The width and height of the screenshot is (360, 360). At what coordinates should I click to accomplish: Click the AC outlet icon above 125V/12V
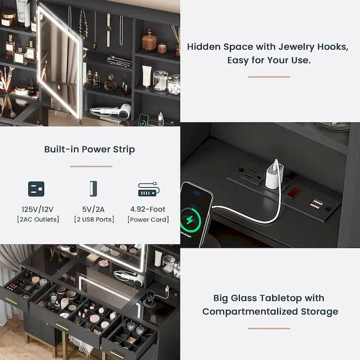click(x=36, y=189)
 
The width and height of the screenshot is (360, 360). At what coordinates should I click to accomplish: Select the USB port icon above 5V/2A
click(x=93, y=189)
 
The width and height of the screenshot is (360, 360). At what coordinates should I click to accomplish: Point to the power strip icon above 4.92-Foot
click(x=149, y=189)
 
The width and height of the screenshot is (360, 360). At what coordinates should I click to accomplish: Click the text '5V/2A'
click(x=94, y=209)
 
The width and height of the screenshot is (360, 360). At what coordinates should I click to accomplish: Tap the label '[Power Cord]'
click(x=148, y=220)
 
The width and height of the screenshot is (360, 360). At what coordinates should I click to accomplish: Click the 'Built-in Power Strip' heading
click(x=90, y=149)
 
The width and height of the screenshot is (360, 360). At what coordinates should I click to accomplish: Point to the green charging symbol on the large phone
click(x=190, y=220)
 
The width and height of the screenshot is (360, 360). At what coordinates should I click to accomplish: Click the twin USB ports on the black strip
click(x=316, y=204)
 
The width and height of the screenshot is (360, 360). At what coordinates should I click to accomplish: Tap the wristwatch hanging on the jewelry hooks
click(x=108, y=30)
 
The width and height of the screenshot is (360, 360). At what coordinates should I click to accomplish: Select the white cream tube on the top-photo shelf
click(x=147, y=76)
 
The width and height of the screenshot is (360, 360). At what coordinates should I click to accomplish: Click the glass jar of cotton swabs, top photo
click(x=161, y=81)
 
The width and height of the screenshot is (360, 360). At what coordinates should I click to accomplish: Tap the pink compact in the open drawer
click(x=94, y=319)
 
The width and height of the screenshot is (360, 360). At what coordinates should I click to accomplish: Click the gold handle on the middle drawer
click(x=62, y=327)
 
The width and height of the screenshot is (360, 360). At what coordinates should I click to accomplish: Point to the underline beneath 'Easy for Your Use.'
click(x=269, y=77)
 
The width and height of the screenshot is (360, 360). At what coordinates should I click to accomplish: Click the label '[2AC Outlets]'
click(x=38, y=220)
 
